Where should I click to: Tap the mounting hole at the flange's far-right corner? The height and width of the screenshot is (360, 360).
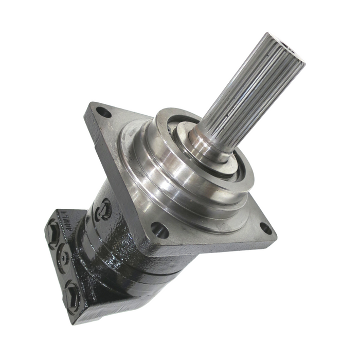coord(265,228)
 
